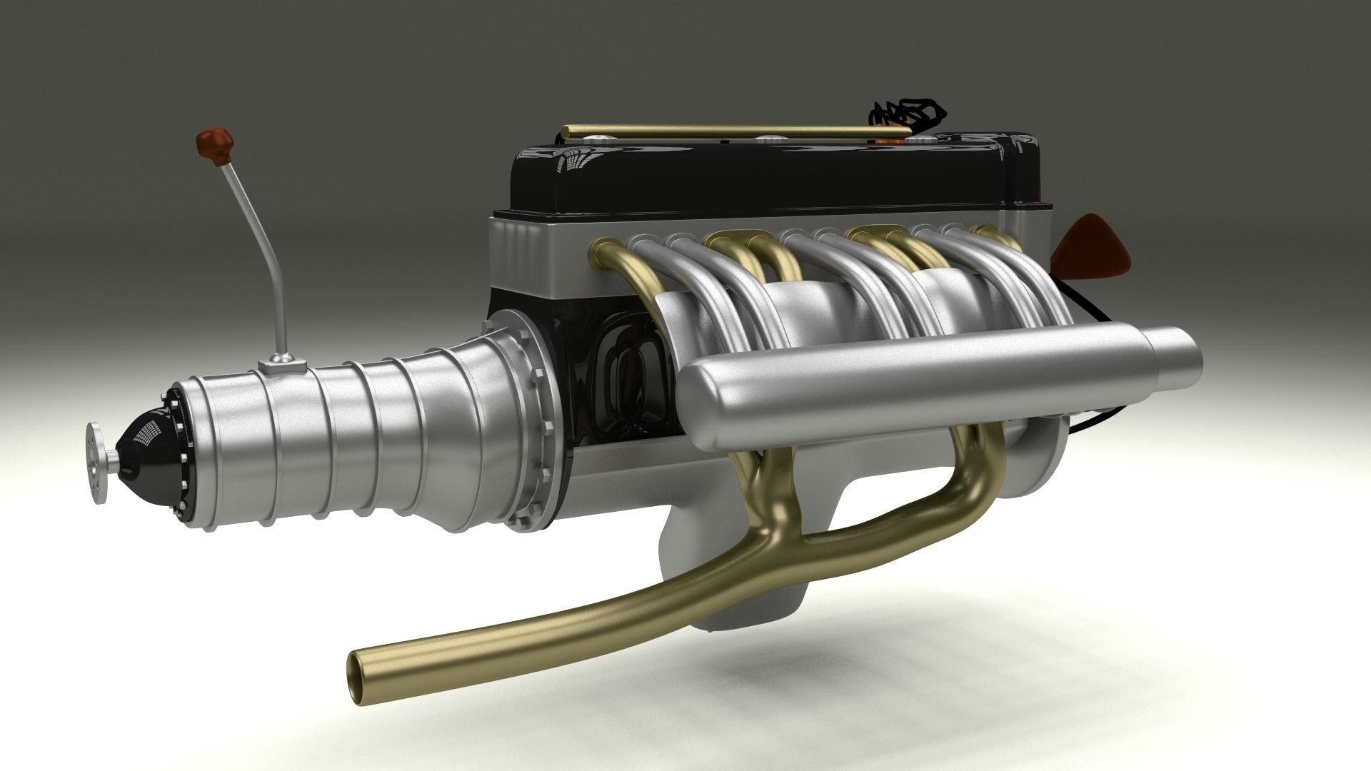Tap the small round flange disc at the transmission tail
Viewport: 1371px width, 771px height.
pyautogui.click(x=96, y=463)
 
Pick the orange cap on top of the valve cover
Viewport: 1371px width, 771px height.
pyautogui.click(x=885, y=141)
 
